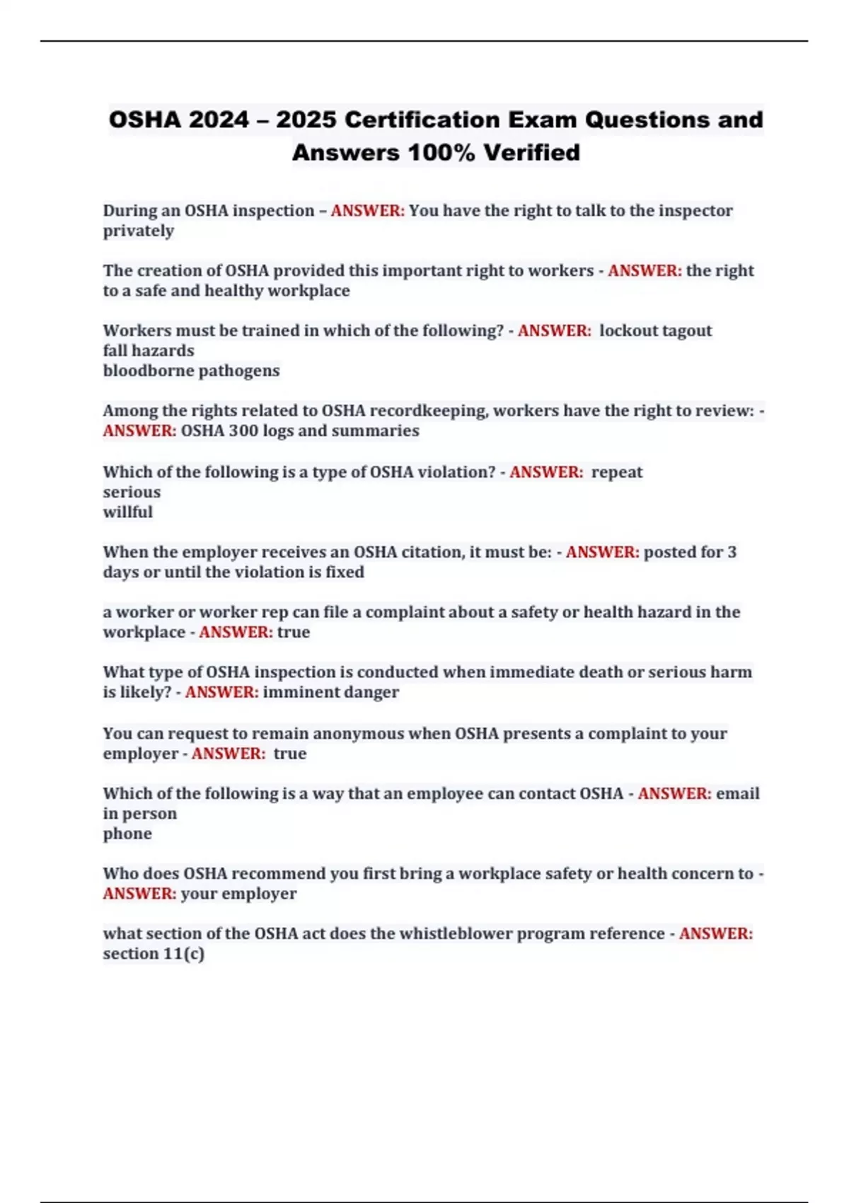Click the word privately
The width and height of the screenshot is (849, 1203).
(139, 231)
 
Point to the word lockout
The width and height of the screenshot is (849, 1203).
(625, 330)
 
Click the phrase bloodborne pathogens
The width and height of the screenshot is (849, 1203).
(191, 371)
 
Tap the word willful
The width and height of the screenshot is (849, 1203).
(127, 512)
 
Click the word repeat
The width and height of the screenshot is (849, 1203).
(617, 472)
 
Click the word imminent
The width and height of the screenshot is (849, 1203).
(296, 692)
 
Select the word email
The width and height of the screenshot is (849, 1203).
(738, 793)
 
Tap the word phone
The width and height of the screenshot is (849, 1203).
(127, 834)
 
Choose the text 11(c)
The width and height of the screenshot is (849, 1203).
(184, 954)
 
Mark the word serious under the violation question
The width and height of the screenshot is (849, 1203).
(132, 492)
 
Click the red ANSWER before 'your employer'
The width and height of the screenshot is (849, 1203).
(139, 894)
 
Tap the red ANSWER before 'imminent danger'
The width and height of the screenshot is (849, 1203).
(221, 692)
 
